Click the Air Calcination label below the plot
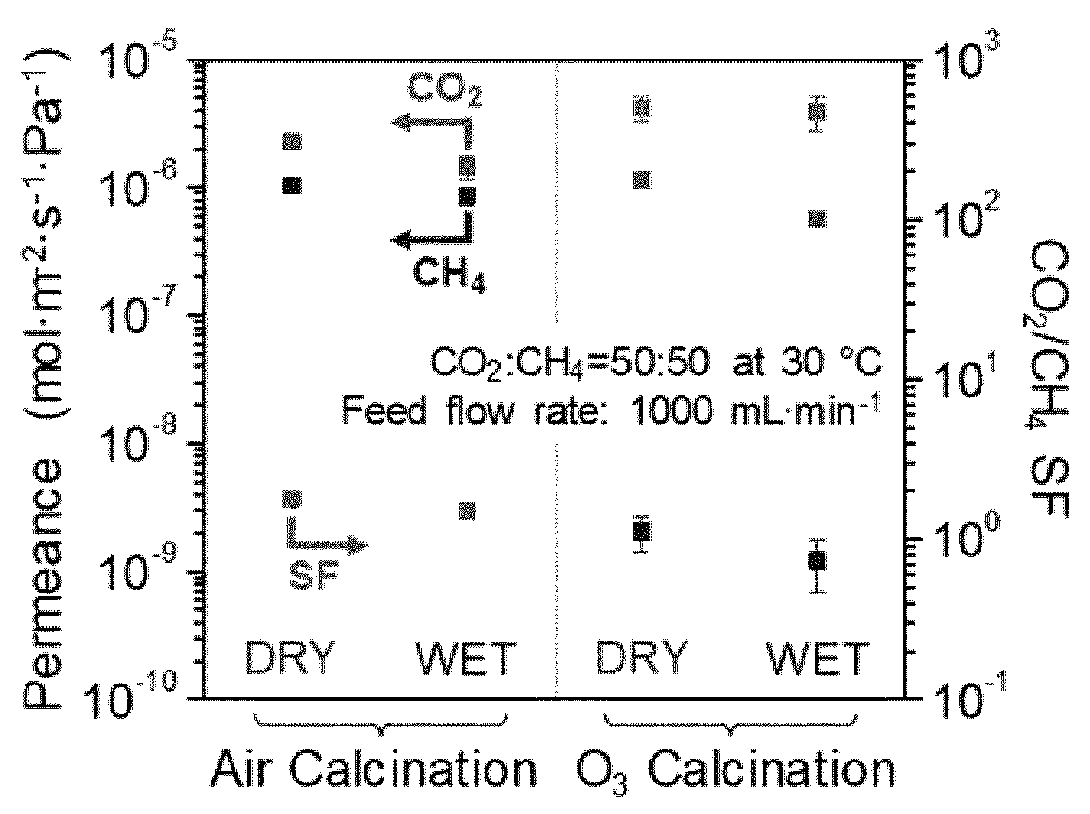tap(374, 771)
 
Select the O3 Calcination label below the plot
tap(734, 773)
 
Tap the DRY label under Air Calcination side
tap(289, 658)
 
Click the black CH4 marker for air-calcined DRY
tap(292, 186)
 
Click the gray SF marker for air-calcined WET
tap(467, 511)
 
